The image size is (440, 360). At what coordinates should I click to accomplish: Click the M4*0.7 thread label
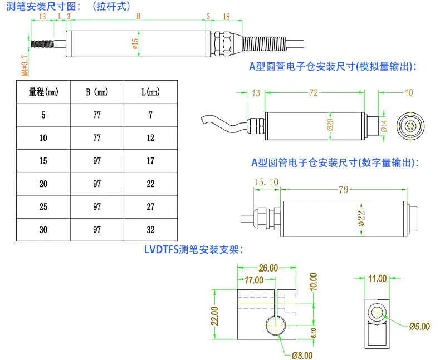click(x=23, y=64)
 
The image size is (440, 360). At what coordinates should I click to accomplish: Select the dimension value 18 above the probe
click(x=226, y=17)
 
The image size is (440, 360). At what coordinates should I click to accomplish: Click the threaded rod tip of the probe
click(x=42, y=43)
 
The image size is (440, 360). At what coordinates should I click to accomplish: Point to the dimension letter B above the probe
click(x=139, y=17)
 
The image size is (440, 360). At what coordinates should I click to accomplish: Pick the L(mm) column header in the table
click(x=150, y=92)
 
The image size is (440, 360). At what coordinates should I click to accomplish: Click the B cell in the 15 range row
click(x=97, y=161)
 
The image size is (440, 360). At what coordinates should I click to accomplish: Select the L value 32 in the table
click(x=150, y=229)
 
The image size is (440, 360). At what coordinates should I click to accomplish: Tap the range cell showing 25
click(x=43, y=206)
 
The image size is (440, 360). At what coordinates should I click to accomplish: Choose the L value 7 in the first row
click(x=150, y=115)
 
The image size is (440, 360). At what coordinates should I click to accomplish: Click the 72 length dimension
click(x=314, y=93)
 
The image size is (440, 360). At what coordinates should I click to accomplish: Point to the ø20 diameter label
click(x=330, y=125)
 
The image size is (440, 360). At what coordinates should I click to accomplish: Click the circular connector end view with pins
click(x=409, y=125)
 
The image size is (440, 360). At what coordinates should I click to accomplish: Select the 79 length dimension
click(x=343, y=190)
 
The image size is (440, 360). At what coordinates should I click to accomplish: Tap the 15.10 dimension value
click(x=266, y=182)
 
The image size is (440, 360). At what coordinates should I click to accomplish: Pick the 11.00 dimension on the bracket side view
click(x=377, y=278)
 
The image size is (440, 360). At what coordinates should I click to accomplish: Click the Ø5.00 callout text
click(x=419, y=327)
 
